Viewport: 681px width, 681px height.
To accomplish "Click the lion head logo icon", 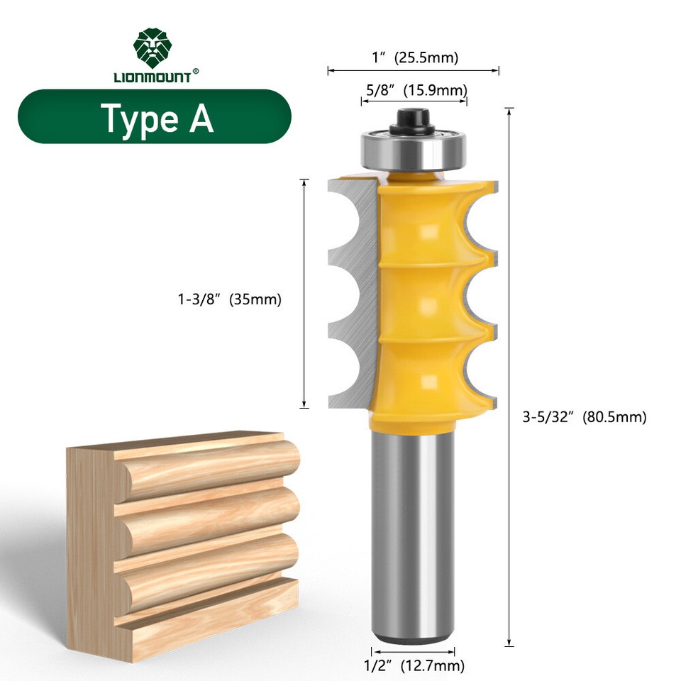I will point(153,48).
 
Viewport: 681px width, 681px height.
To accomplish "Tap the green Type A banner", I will point(155,117).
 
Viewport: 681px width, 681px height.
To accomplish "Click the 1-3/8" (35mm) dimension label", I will point(230,300).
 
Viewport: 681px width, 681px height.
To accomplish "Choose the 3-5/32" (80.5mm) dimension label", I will point(585,417).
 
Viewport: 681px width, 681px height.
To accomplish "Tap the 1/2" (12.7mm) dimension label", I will point(414,665).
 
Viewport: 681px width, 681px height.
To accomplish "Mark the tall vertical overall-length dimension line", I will point(509,376).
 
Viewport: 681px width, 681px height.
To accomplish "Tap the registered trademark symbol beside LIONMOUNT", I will point(196,70).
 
